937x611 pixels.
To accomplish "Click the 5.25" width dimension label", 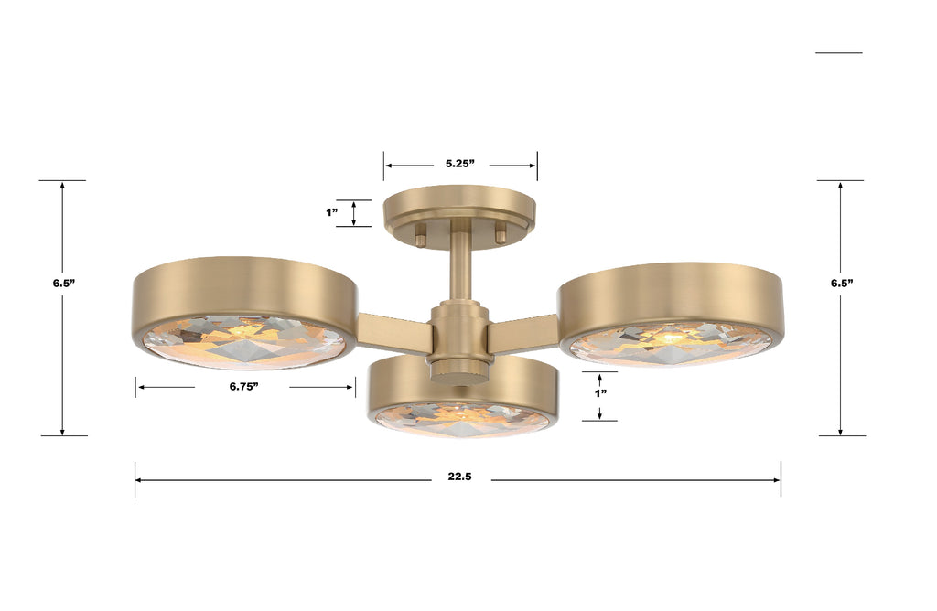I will pos(461,164).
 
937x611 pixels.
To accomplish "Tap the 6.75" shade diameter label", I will pos(243,387).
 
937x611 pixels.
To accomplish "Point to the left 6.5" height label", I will pos(63,284).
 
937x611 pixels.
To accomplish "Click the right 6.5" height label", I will pos(842,284).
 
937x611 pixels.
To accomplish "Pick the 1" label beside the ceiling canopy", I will pos(332,212).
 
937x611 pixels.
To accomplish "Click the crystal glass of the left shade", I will pos(244,340).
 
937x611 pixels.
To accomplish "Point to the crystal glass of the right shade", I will pos(671,344).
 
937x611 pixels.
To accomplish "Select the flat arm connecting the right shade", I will pos(523,333).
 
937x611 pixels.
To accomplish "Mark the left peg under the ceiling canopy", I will pos(420,235).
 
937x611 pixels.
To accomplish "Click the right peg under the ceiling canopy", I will pos(501,233).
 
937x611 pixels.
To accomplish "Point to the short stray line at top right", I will pos(838,53).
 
